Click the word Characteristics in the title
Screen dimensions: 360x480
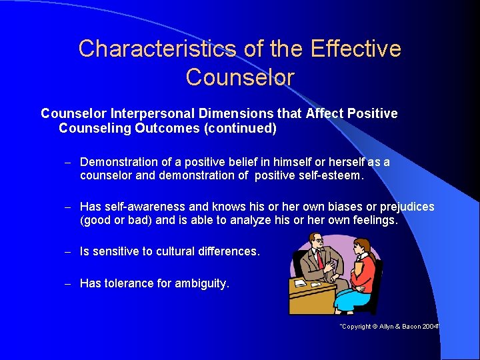point(157,49)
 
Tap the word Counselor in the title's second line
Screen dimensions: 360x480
point(239,77)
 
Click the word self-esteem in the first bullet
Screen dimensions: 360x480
point(330,175)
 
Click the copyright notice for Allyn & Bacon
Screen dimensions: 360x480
point(389,327)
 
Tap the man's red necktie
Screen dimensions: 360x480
point(321,258)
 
